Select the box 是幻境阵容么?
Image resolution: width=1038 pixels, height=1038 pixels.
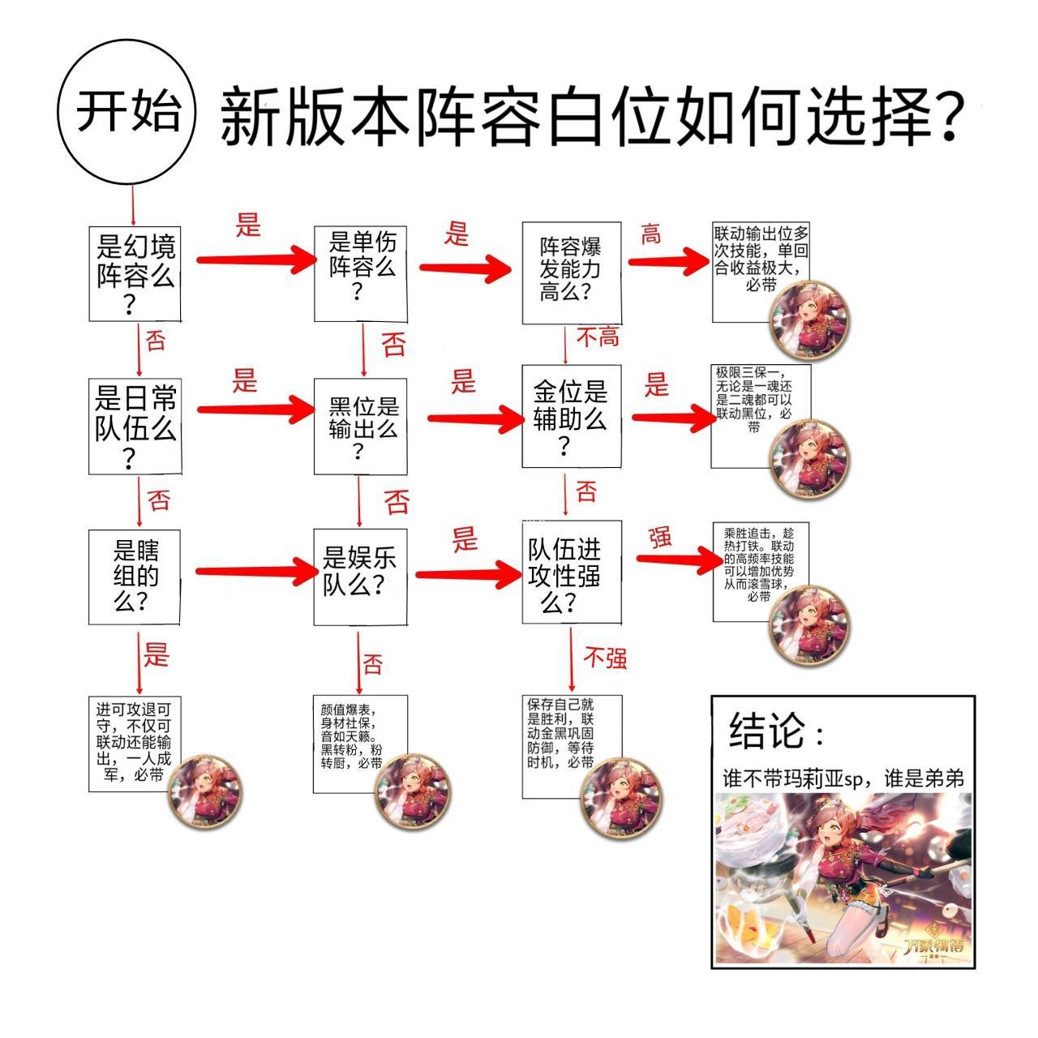(x=135, y=274)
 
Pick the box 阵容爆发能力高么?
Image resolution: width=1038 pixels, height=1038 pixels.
(x=571, y=271)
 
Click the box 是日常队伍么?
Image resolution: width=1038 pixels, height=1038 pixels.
(x=135, y=426)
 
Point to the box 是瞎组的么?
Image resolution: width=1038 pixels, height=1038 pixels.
(x=135, y=577)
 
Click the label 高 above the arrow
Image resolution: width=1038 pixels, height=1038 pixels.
(x=650, y=235)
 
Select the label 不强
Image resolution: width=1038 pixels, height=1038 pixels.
(x=605, y=658)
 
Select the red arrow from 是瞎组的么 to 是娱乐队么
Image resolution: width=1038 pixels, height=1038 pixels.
(x=255, y=572)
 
